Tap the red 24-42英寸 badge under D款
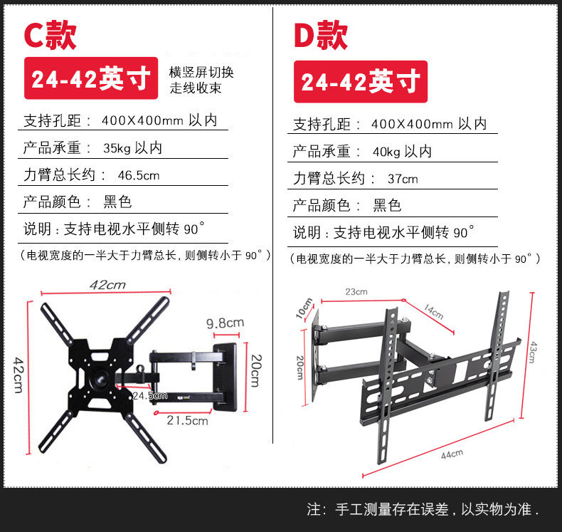click(x=360, y=82)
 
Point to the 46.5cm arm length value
click(x=139, y=175)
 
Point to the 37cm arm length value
click(x=403, y=179)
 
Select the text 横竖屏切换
click(x=201, y=72)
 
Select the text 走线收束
click(x=196, y=88)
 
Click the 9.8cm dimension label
click(x=225, y=323)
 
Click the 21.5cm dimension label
click(x=187, y=420)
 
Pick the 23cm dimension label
click(x=356, y=291)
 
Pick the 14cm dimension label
click(x=434, y=311)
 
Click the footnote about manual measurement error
click(x=423, y=510)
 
